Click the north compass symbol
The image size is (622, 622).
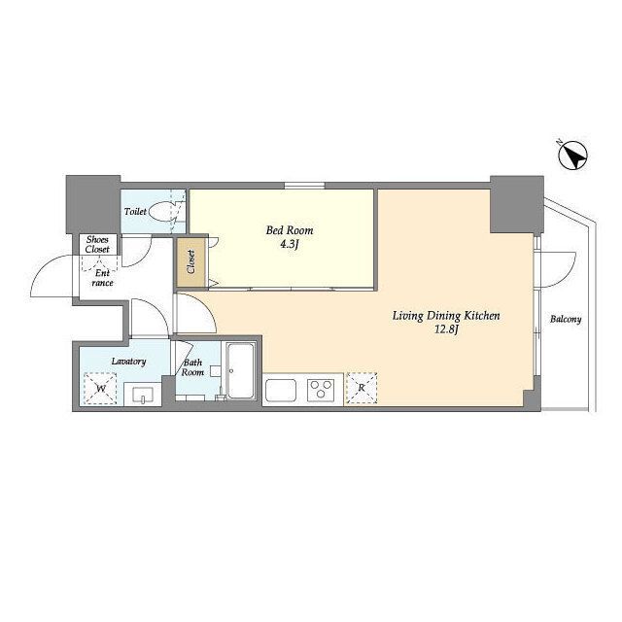[573, 157]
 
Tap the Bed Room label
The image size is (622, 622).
[290, 230]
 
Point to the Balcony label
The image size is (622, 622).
[566, 320]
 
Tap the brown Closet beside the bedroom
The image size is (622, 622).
[190, 261]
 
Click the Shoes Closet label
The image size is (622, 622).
[97, 244]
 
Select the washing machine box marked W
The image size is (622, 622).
[100, 389]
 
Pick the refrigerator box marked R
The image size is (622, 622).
[362, 388]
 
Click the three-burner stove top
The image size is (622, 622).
[321, 390]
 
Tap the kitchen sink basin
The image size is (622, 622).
[281, 391]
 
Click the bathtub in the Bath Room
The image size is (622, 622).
[240, 370]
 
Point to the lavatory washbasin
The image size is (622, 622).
[143, 394]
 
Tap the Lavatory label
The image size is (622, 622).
[128, 362]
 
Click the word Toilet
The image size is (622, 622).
[135, 212]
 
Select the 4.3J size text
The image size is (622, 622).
[290, 244]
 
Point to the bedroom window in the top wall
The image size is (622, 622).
[304, 186]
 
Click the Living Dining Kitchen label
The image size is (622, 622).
[446, 316]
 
